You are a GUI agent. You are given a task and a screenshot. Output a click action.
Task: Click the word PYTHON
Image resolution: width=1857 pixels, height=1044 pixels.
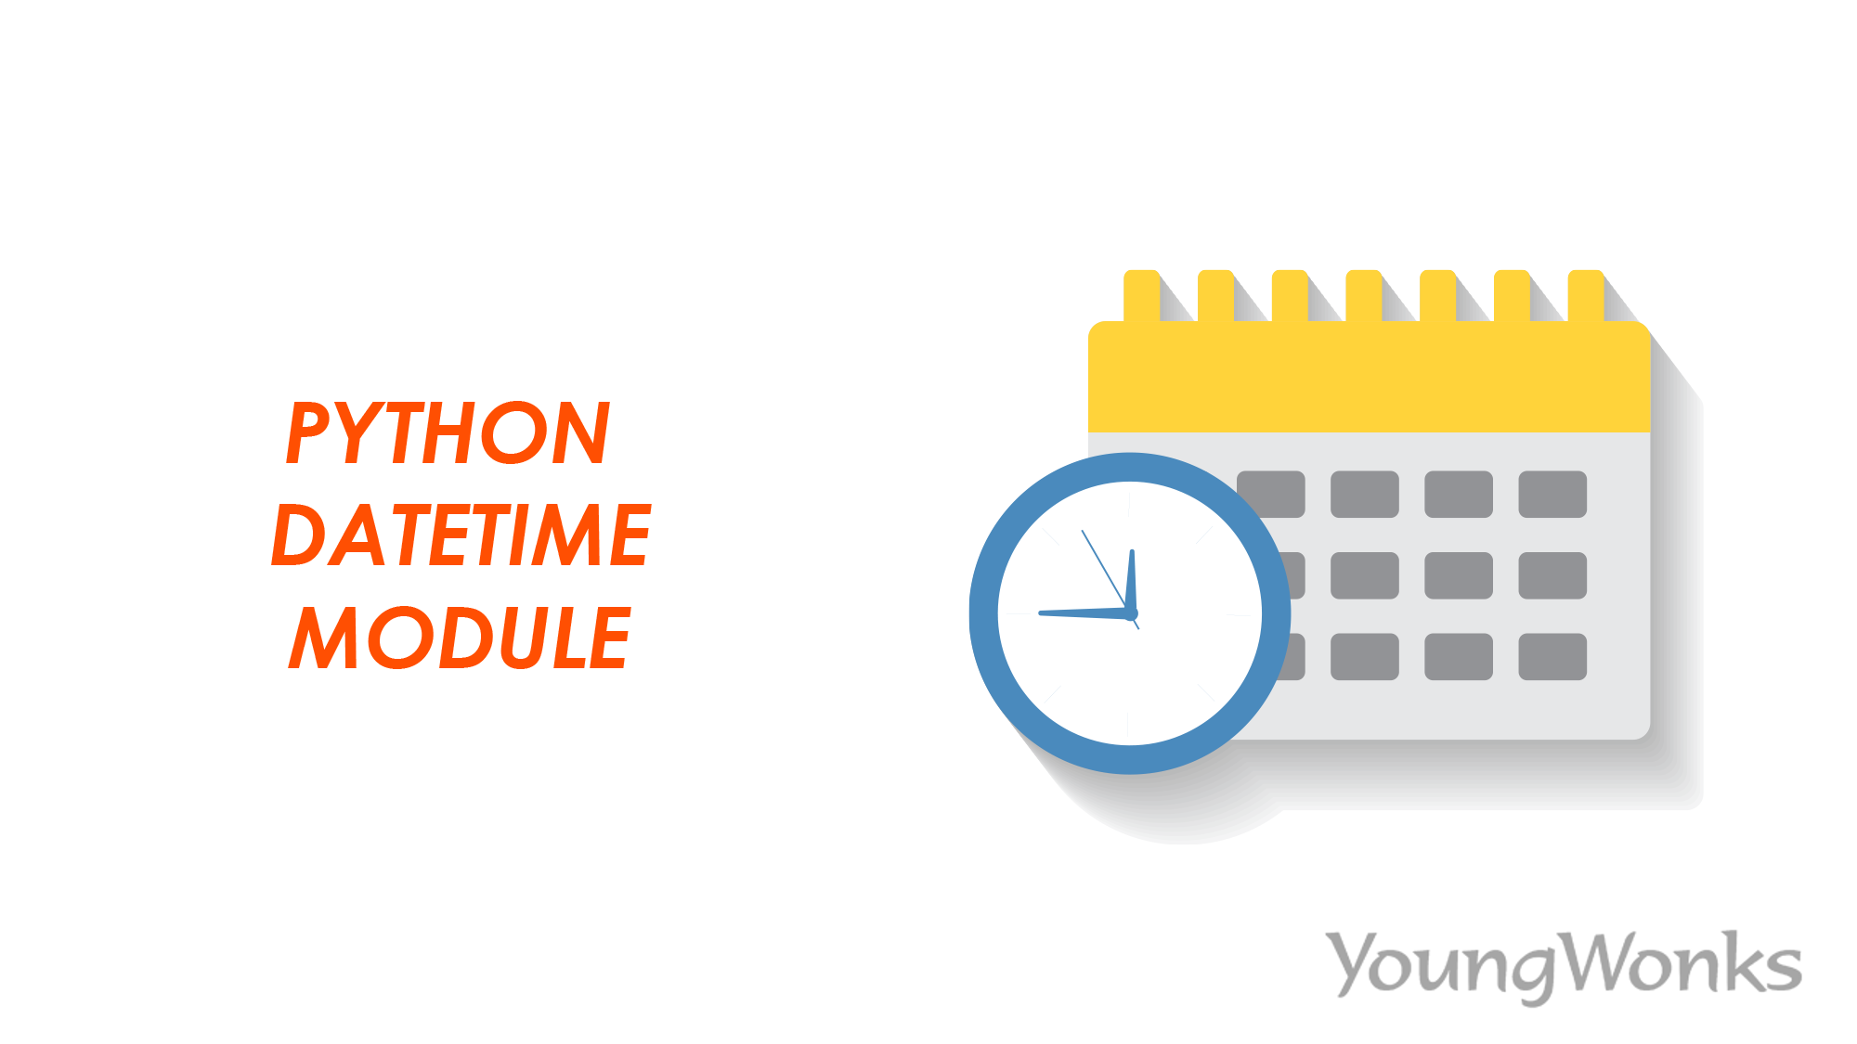(448, 432)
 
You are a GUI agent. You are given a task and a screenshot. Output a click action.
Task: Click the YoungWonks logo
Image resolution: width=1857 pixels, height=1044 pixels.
(1564, 965)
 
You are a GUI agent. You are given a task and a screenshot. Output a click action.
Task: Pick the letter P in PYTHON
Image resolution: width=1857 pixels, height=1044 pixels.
(308, 432)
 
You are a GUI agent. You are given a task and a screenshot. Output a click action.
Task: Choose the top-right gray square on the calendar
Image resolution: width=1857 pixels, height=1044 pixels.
(1552, 494)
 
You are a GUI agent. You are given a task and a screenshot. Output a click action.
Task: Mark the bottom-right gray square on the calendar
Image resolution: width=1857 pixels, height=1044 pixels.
(1552, 657)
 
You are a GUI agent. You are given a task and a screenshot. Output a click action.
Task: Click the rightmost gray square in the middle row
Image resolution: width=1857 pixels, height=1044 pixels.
(1552, 575)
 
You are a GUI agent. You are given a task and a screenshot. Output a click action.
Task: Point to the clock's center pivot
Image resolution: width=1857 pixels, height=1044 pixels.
(1131, 613)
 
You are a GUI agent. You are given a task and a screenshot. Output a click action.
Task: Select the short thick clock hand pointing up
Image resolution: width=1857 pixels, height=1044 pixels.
(1132, 580)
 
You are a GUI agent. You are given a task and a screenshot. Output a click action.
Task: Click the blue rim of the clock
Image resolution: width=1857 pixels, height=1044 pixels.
(984, 613)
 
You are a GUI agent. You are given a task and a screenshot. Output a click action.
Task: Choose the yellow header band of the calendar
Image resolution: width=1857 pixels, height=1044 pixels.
(1369, 380)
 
